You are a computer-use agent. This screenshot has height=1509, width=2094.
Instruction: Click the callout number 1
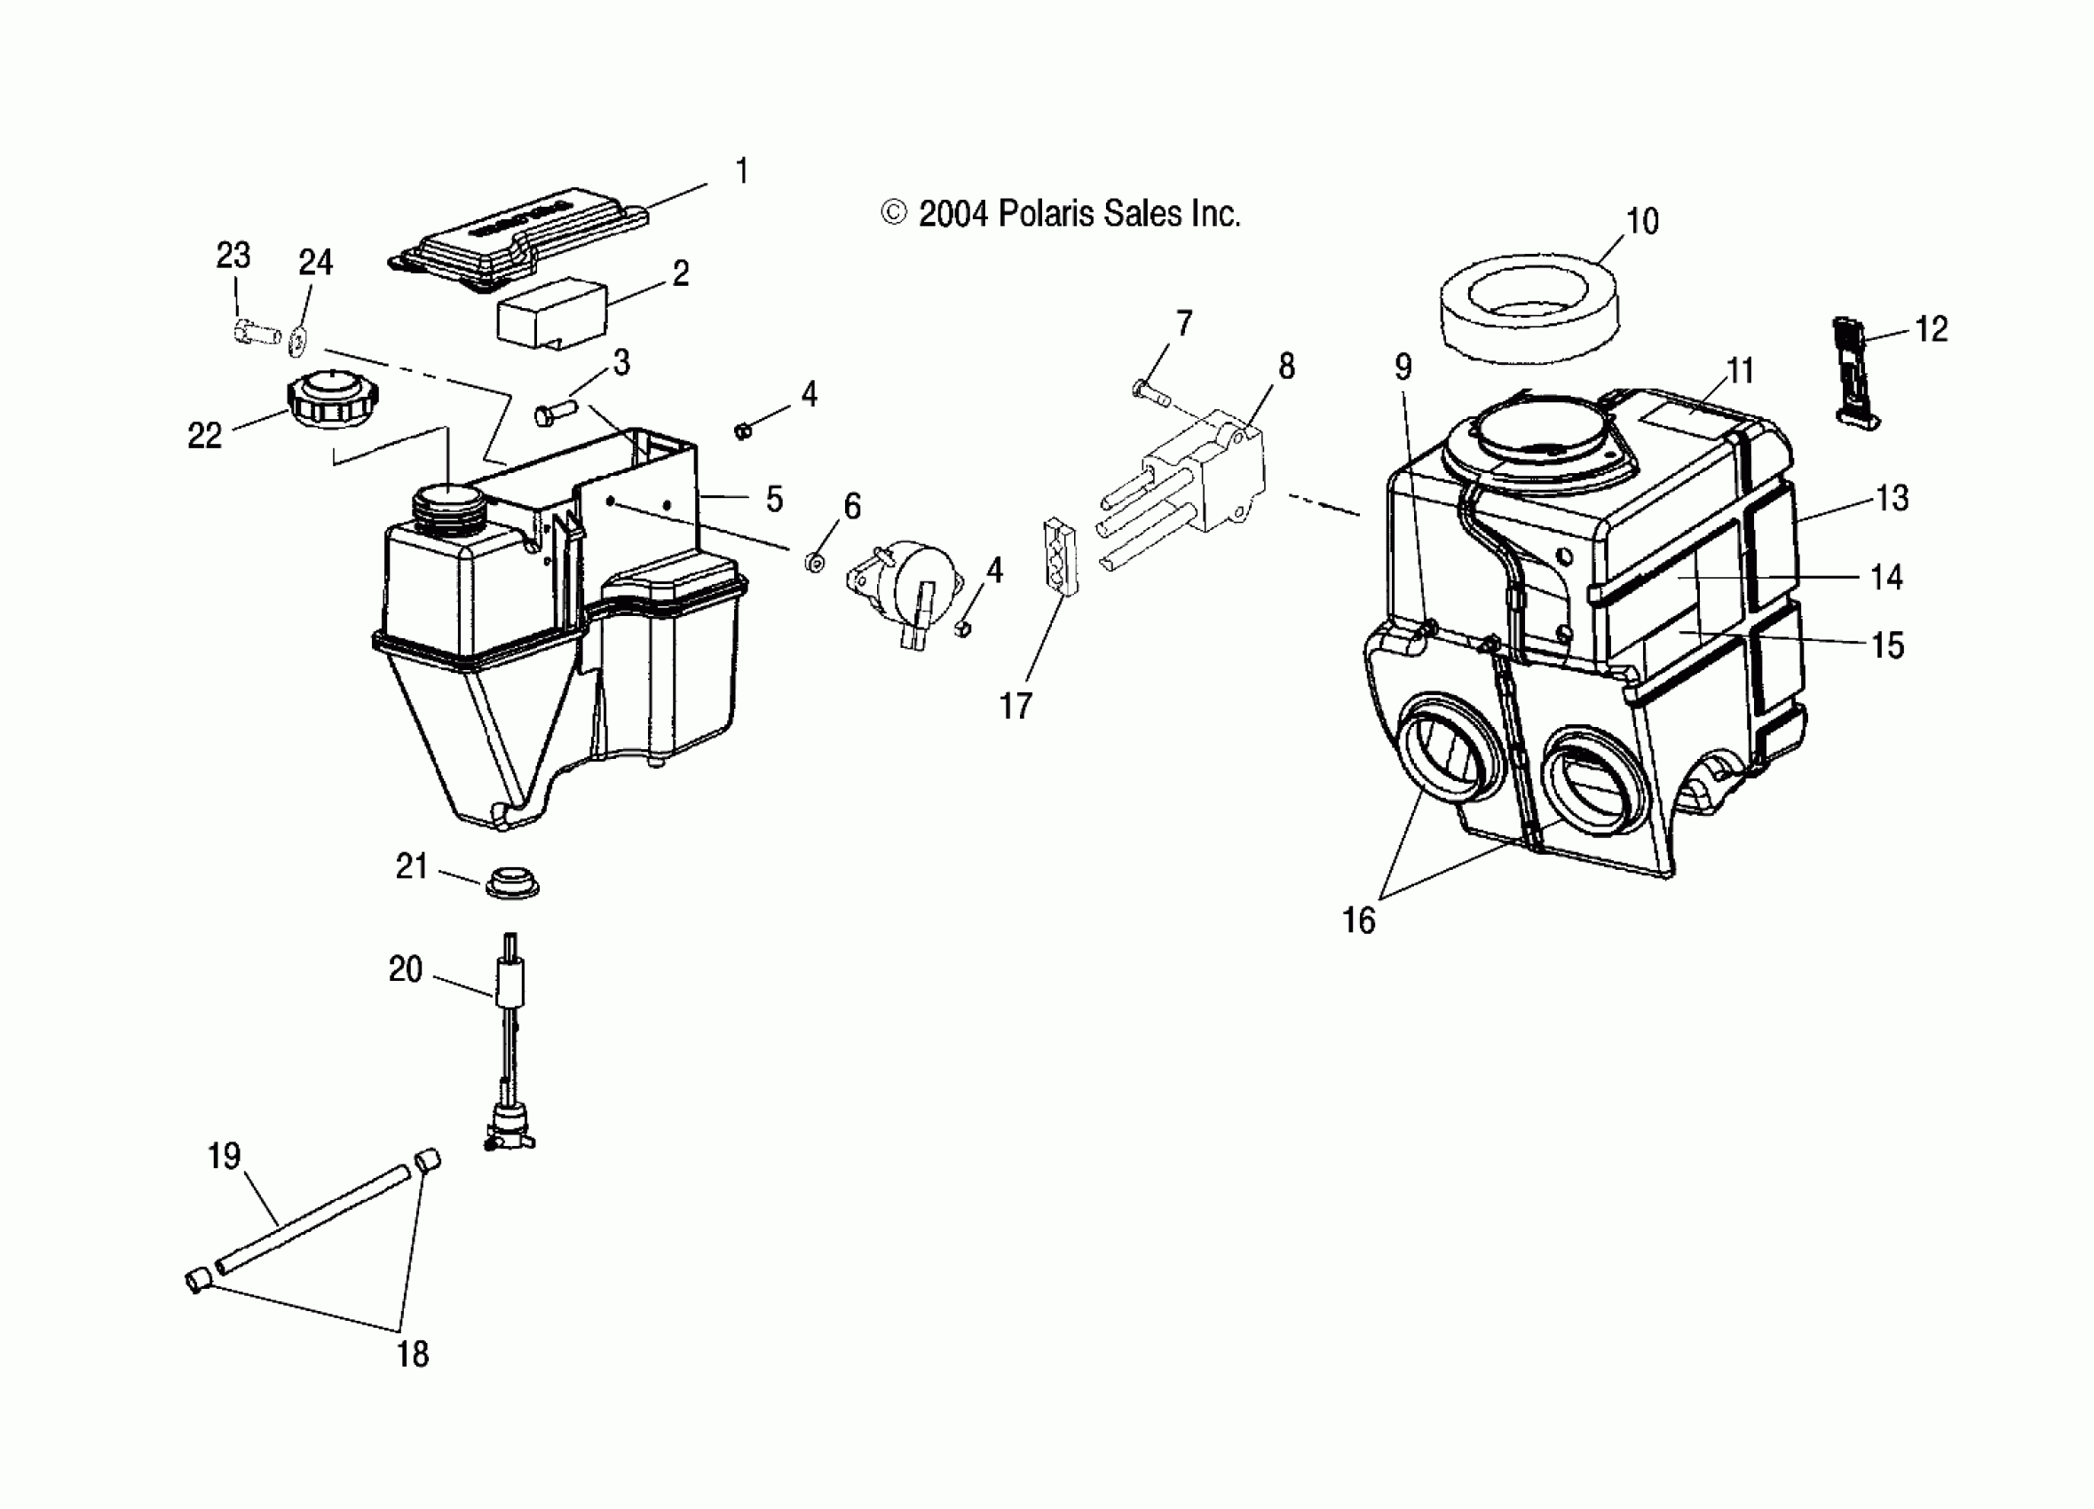pos(741,172)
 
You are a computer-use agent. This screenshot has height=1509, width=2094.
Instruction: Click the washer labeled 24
pos(297,341)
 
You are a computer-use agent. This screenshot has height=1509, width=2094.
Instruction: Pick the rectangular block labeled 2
pos(551,314)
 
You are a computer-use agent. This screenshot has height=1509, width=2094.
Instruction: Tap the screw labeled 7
pos(1150,394)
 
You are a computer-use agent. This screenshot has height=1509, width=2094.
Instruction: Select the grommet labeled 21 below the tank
pos(510,882)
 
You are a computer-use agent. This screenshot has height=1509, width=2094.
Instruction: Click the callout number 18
pos(412,1354)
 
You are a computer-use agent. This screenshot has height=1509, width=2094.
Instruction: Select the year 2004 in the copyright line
pos(953,214)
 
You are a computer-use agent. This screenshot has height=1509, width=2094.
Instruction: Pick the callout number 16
pos(1358,920)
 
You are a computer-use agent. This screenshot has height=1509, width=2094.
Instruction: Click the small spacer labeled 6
pos(815,562)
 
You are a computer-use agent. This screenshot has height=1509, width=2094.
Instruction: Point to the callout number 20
pos(405,968)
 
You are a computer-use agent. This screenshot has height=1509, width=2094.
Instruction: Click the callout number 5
pos(774,499)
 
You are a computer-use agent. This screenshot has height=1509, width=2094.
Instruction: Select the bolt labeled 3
pos(554,412)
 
